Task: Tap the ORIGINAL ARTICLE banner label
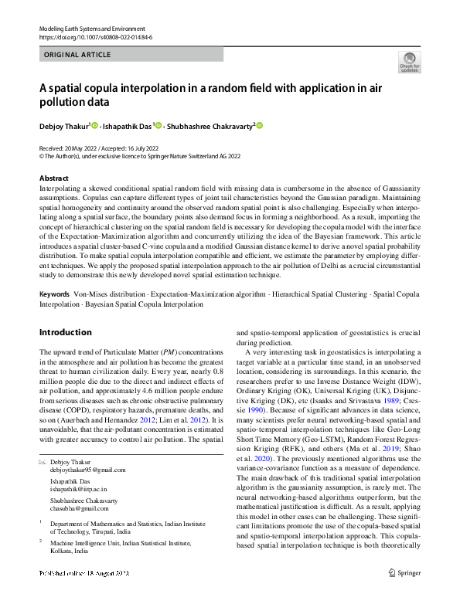77,55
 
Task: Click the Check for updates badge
408,62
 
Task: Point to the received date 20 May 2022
76,148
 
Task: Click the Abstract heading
53,178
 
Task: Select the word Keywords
53,294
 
